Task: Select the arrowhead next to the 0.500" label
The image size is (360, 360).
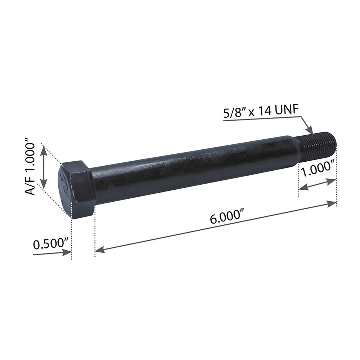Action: point(67,252)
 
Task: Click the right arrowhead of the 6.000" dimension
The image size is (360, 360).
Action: point(332,204)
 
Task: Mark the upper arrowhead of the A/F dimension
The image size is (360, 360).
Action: point(44,150)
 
